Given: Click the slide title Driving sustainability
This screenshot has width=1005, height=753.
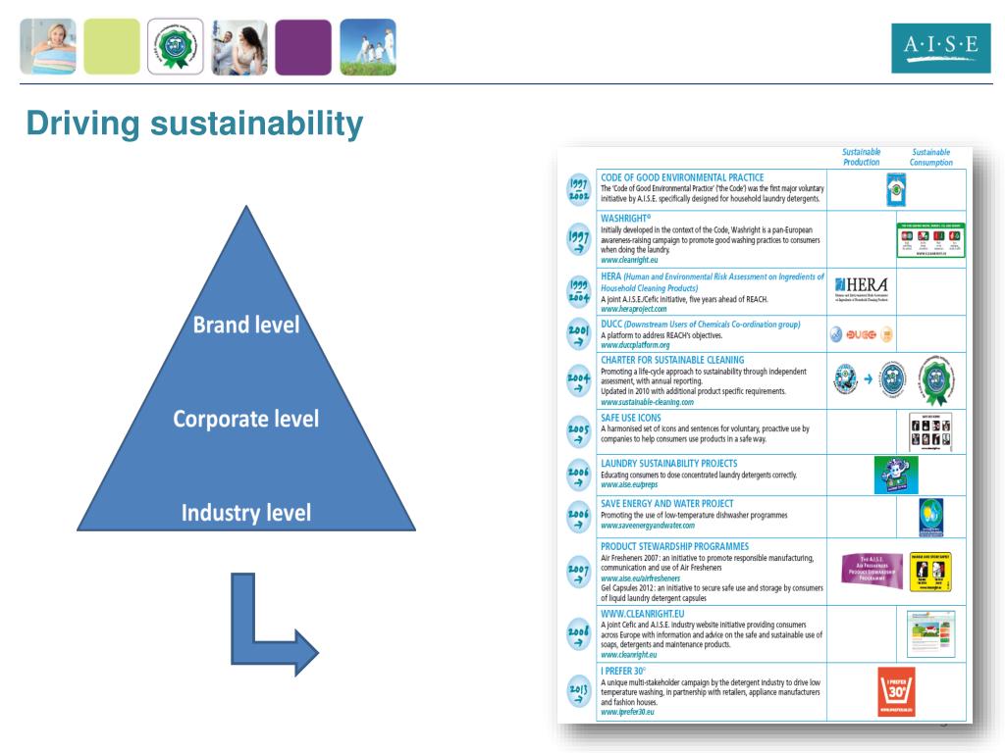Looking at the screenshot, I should (x=194, y=125).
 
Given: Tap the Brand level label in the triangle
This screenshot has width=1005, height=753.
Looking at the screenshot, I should (x=246, y=325).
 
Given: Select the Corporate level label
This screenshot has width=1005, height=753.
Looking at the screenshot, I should (x=246, y=419).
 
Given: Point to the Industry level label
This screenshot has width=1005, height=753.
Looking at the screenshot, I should (x=246, y=512).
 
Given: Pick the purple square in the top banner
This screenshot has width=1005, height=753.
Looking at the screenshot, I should (x=302, y=47).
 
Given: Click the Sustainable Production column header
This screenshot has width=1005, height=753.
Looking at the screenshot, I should (x=862, y=158).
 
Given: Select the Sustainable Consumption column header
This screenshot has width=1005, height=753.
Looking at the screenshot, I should (x=930, y=158).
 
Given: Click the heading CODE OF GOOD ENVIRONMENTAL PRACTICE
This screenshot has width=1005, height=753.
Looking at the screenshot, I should (x=681, y=177).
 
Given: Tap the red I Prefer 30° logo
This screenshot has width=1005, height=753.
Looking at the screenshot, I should (x=896, y=694).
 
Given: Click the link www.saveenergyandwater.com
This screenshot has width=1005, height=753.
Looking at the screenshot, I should (x=647, y=527).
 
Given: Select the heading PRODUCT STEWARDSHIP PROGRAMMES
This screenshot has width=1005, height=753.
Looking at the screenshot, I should (x=674, y=546).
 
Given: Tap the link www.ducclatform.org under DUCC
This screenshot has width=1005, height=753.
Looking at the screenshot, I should (x=635, y=346).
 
